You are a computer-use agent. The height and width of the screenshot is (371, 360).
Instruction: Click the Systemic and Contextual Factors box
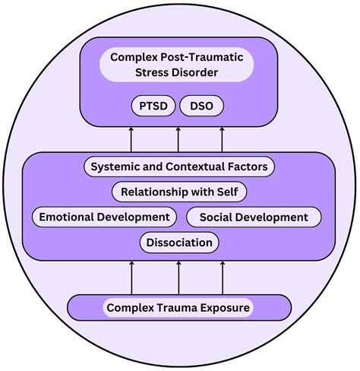tap(178, 166)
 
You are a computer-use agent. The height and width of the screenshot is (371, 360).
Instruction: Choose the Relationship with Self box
tap(178, 191)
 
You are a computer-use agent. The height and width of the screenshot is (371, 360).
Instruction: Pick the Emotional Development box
tap(105, 217)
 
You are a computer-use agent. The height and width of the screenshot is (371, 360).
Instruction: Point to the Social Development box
tap(254, 217)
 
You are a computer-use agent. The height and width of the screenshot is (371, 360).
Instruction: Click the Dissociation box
tap(180, 243)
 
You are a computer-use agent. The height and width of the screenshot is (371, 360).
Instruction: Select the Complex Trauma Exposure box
tap(178, 308)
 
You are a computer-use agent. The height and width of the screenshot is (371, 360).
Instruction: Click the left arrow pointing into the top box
tap(132, 140)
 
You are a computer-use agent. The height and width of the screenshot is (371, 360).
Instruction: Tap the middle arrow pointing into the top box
tap(178, 140)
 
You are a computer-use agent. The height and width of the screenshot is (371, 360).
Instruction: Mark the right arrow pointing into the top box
tap(223, 140)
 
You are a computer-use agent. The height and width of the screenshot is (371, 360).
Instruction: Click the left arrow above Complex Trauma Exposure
tap(132, 277)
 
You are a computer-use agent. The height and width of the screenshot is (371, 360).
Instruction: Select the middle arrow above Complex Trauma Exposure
tap(178, 277)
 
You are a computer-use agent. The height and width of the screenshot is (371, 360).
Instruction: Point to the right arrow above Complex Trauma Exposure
tap(223, 277)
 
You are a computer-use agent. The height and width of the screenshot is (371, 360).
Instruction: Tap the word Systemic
tap(116, 166)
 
